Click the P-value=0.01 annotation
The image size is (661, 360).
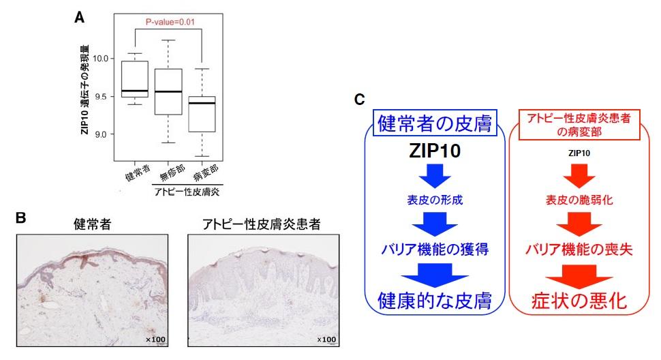(x=172, y=21)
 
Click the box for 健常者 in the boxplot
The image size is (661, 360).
(x=135, y=79)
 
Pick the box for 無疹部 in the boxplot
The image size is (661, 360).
(x=168, y=91)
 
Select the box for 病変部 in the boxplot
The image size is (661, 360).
(x=202, y=114)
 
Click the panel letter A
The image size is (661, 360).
(x=79, y=18)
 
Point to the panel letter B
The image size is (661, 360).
(x=20, y=218)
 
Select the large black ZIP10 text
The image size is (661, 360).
(x=435, y=152)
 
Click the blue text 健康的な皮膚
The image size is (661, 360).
(x=435, y=300)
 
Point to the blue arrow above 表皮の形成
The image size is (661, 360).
(x=435, y=179)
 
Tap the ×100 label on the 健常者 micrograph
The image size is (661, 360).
(x=155, y=340)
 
